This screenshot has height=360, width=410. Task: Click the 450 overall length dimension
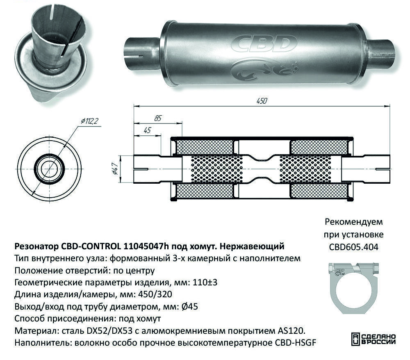tap(262, 101)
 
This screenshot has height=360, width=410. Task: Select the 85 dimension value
tap(158, 118)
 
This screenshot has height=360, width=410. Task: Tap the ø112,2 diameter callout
tap(89, 121)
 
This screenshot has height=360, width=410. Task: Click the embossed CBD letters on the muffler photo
tap(264, 43)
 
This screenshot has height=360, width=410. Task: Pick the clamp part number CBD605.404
tap(353, 247)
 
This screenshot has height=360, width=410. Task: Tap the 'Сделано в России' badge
tap(373, 339)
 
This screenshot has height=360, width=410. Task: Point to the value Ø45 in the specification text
tap(189, 306)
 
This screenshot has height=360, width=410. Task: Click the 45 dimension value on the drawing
tap(147, 130)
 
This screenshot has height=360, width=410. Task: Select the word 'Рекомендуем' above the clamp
tap(354, 222)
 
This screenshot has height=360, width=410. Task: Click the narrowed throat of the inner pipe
tap(261, 169)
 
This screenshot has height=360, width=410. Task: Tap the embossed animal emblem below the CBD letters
tap(264, 69)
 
